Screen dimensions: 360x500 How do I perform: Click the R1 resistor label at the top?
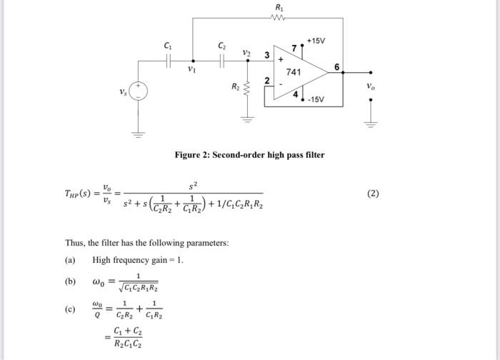(279, 8)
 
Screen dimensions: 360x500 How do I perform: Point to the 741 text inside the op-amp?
(294, 73)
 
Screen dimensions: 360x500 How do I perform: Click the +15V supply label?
(316, 41)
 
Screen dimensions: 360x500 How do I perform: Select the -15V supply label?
(315, 99)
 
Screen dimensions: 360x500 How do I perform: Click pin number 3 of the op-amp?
(266, 55)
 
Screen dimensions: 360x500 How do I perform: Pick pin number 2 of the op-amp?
(266, 81)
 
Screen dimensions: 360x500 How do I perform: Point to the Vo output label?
(370, 86)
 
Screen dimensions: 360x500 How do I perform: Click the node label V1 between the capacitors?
(191, 70)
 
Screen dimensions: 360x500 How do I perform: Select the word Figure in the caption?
(191, 155)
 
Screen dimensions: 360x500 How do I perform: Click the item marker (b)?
(70, 281)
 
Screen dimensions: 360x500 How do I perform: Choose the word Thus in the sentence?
(75, 243)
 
